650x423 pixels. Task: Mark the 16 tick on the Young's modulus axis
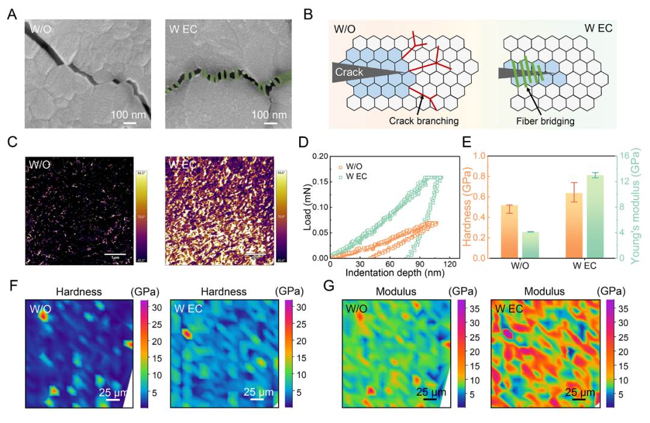(x=619, y=156)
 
